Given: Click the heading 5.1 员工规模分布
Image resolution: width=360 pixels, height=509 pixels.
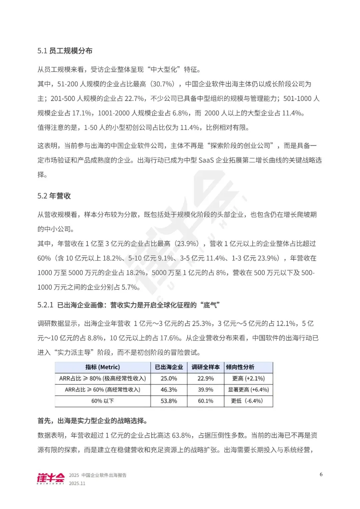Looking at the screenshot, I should pyautogui.click(x=65, y=51).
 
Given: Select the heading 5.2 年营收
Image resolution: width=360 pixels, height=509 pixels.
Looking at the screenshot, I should pyautogui.click(x=54, y=196).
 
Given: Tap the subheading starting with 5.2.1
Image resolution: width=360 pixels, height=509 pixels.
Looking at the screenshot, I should pyautogui.click(x=128, y=305).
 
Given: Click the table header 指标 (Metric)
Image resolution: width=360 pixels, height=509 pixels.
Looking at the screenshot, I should pyautogui.click(x=103, y=367).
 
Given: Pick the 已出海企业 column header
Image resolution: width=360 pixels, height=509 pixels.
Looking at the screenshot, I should pyautogui.click(x=169, y=367).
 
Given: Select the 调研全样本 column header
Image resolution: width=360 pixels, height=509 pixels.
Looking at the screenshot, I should pyautogui.click(x=205, y=367).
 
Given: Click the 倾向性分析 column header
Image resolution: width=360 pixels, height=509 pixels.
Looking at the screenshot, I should pyautogui.click(x=240, y=367).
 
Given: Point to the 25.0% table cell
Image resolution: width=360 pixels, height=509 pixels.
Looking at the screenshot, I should pyautogui.click(x=169, y=378).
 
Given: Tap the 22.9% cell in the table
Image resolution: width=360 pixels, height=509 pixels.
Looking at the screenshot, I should pyautogui.click(x=205, y=378).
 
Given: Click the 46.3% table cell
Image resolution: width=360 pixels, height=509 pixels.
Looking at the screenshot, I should pyautogui.click(x=169, y=390).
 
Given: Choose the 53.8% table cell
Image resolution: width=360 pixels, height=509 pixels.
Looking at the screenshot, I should pyautogui.click(x=169, y=401).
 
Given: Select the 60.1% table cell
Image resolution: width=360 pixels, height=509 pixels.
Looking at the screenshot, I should pyautogui.click(x=205, y=401).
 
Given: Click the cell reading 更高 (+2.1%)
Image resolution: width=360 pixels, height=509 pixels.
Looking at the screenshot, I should pyautogui.click(x=248, y=378).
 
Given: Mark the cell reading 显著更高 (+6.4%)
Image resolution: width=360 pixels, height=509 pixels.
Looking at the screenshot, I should pyautogui.click(x=248, y=390).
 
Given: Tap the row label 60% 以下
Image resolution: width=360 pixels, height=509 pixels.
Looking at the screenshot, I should pyautogui.click(x=103, y=401).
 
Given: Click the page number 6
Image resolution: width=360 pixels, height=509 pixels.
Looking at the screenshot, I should pyautogui.click(x=321, y=474).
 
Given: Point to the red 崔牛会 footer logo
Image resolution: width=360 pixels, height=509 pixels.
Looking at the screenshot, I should pyautogui.click(x=51, y=478).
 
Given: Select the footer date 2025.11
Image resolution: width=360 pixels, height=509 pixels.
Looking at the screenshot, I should pyautogui.click(x=77, y=483).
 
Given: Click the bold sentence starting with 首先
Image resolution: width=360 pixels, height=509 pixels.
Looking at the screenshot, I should pyautogui.click(x=93, y=421).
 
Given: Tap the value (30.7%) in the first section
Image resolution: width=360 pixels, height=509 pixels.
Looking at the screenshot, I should pyautogui.click(x=163, y=84).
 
